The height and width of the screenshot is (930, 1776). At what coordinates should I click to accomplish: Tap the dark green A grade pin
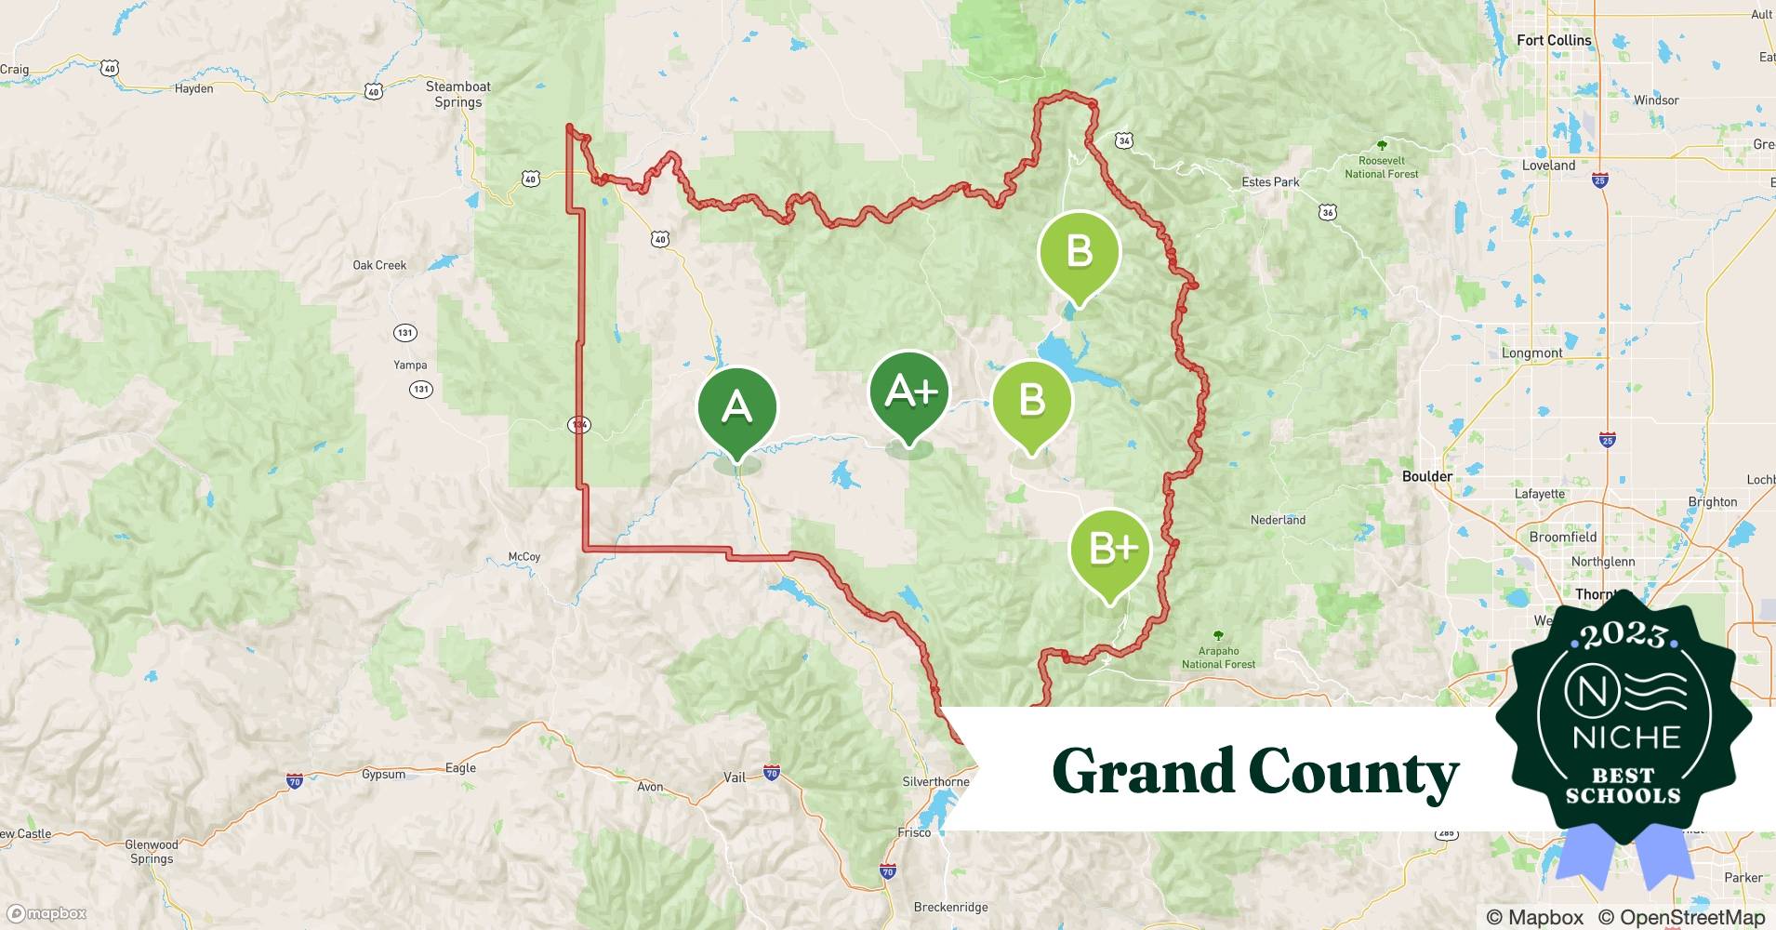[x=736, y=409]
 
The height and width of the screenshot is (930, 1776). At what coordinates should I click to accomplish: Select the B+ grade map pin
[x=1110, y=551]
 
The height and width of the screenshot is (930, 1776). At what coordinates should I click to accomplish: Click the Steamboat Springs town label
[x=458, y=94]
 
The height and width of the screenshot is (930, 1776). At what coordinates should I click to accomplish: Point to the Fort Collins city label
[x=1554, y=40]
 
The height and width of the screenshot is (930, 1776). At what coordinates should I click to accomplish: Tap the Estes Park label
[x=1270, y=181]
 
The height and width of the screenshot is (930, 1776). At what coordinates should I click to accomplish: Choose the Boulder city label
[x=1426, y=476]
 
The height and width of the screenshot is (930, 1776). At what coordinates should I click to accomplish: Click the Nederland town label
[x=1278, y=520]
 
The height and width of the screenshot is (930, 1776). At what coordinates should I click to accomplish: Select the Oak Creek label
[x=379, y=265]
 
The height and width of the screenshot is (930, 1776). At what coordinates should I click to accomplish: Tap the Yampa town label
[x=410, y=365]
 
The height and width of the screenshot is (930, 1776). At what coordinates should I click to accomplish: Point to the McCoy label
[x=524, y=556]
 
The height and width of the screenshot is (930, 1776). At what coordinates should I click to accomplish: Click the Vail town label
[x=735, y=777]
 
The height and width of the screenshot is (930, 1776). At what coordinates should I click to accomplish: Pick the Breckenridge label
[x=950, y=907]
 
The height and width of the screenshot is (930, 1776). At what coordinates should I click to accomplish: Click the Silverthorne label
[x=935, y=782]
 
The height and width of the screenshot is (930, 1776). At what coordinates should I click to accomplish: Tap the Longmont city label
[x=1531, y=353]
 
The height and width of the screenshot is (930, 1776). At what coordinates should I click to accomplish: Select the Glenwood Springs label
[x=152, y=852]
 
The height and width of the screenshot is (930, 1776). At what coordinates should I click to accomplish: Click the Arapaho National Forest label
[x=1218, y=657]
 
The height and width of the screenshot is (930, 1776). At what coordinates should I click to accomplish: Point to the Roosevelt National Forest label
[x=1382, y=166]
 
